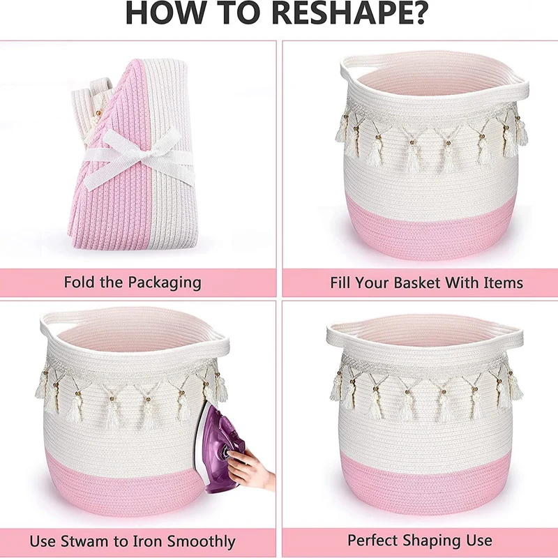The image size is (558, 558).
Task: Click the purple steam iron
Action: pos(220,448)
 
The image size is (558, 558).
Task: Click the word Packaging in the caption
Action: pos(165,283)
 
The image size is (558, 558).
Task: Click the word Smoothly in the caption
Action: pos(201,542)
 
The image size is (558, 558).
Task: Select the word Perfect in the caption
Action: pos(372,541)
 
